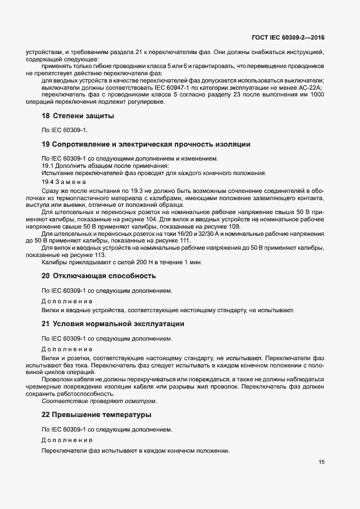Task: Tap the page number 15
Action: tap(322, 462)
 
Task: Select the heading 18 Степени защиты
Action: tap(78, 116)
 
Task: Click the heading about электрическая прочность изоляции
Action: tap(146, 144)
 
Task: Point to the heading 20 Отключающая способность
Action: tap(99, 276)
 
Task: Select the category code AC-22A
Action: tap(311, 88)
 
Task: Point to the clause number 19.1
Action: tap(47, 166)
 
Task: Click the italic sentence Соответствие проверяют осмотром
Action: tap(99, 401)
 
